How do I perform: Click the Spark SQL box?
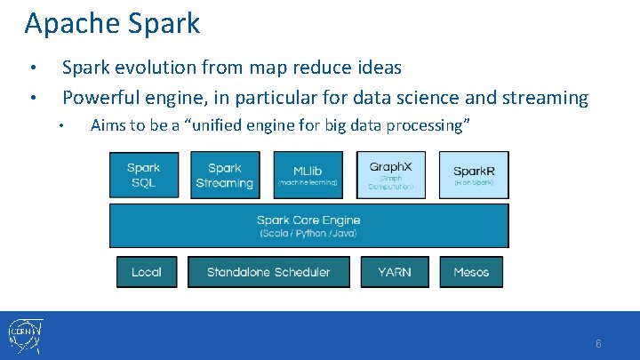[x=143, y=175]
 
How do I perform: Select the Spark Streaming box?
[x=224, y=175]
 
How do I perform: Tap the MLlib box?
[x=308, y=175]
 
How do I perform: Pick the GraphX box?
[x=391, y=175]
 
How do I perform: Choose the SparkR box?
[x=474, y=175]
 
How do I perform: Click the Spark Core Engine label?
[x=308, y=220]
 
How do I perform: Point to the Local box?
[x=147, y=272]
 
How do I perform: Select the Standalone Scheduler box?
[x=268, y=272]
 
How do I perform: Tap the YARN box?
[x=395, y=272]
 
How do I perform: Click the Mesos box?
[x=471, y=272]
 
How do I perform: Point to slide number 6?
[x=598, y=344]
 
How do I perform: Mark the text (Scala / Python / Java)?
[x=308, y=234]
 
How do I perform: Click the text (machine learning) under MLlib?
[x=308, y=182]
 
